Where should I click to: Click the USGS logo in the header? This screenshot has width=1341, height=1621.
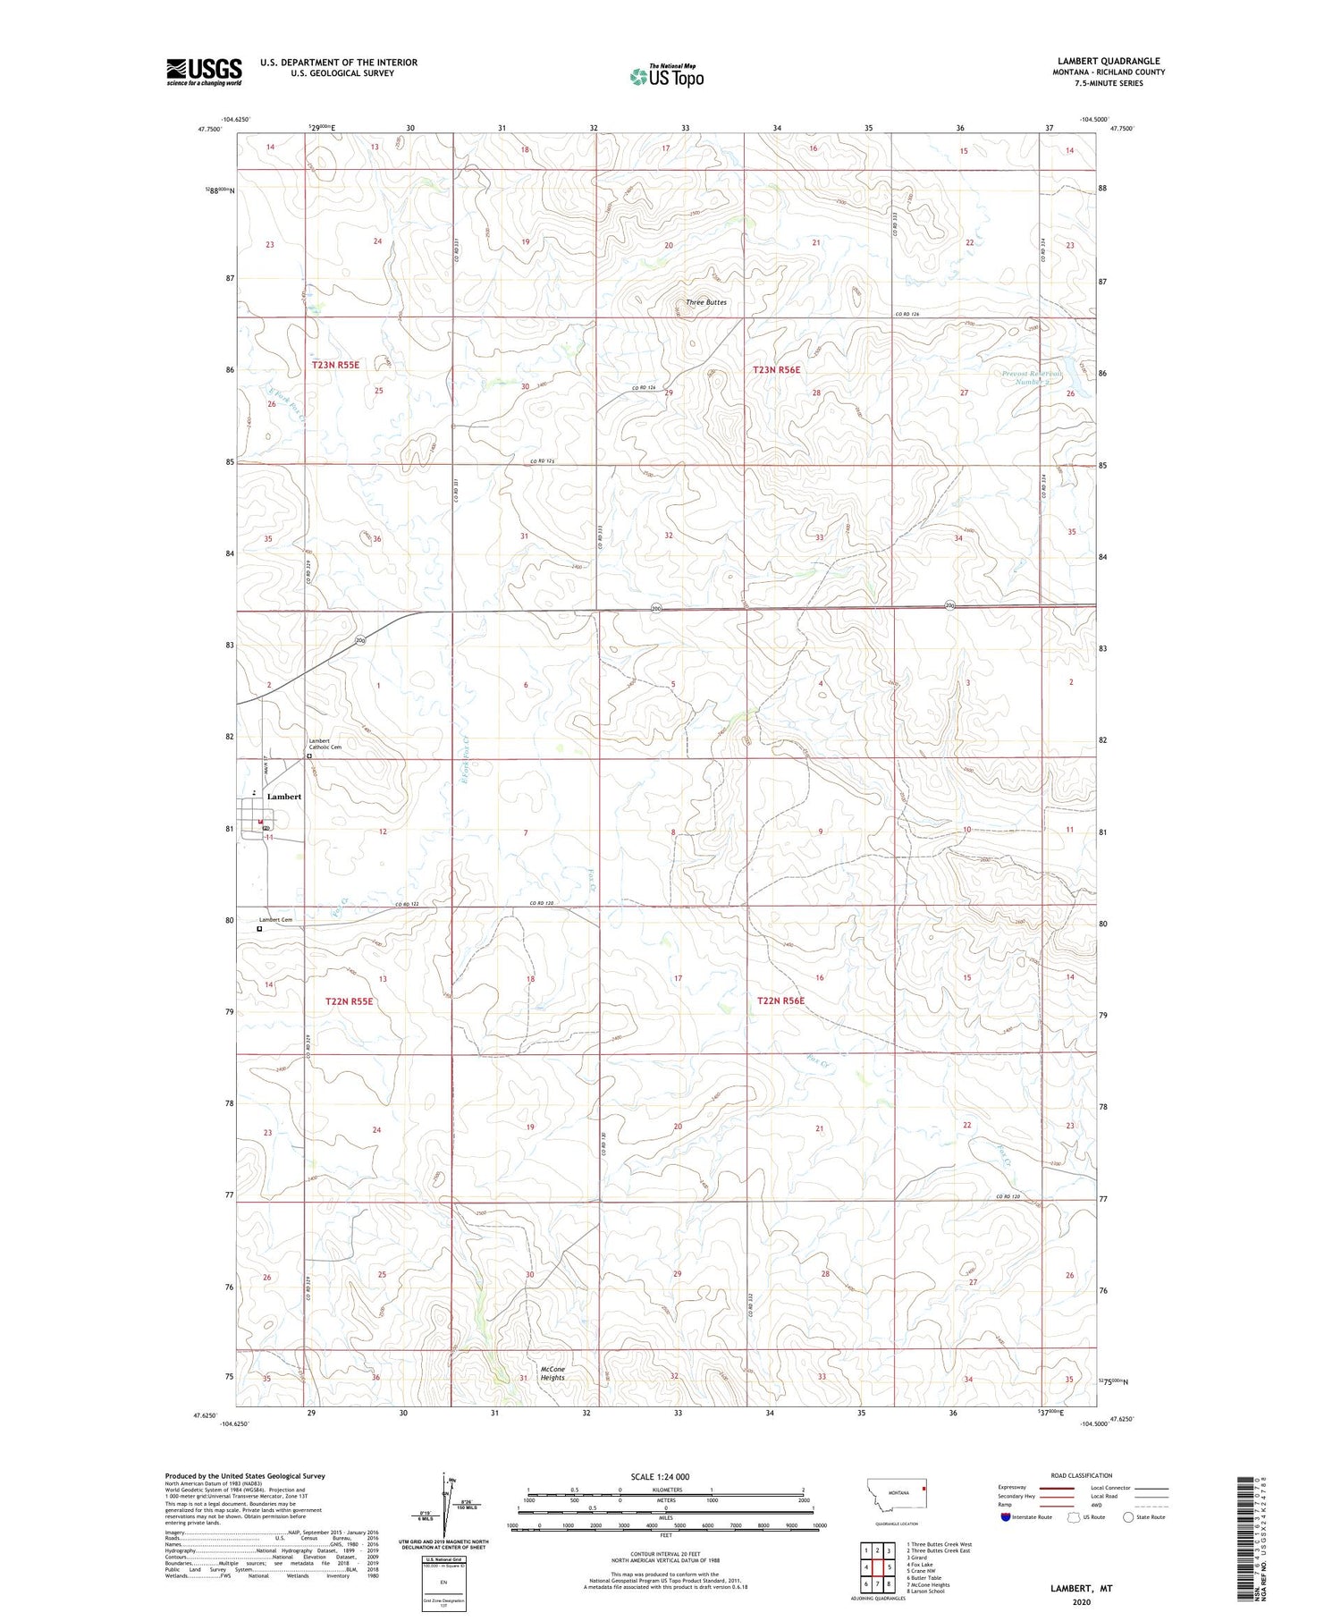coord(204,72)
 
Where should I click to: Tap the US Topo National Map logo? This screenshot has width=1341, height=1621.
coord(666,76)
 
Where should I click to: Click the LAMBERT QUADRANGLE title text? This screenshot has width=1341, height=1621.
coord(1109,61)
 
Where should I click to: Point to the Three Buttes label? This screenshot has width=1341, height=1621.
coord(706,302)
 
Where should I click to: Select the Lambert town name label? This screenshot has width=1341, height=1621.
coord(284,797)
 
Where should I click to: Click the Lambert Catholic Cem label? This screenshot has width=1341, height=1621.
coord(325,744)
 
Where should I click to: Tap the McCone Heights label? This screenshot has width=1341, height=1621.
coord(552,1373)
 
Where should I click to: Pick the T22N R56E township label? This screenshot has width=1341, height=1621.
coord(780,1000)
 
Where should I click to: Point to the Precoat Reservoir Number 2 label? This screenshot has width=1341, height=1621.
coord(1031,378)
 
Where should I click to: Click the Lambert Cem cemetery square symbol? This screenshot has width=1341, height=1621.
coord(260,929)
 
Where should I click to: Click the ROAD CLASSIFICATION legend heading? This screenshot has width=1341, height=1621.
coord(1082,1476)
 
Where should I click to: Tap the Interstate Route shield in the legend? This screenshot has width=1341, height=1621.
coord(1005,1517)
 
